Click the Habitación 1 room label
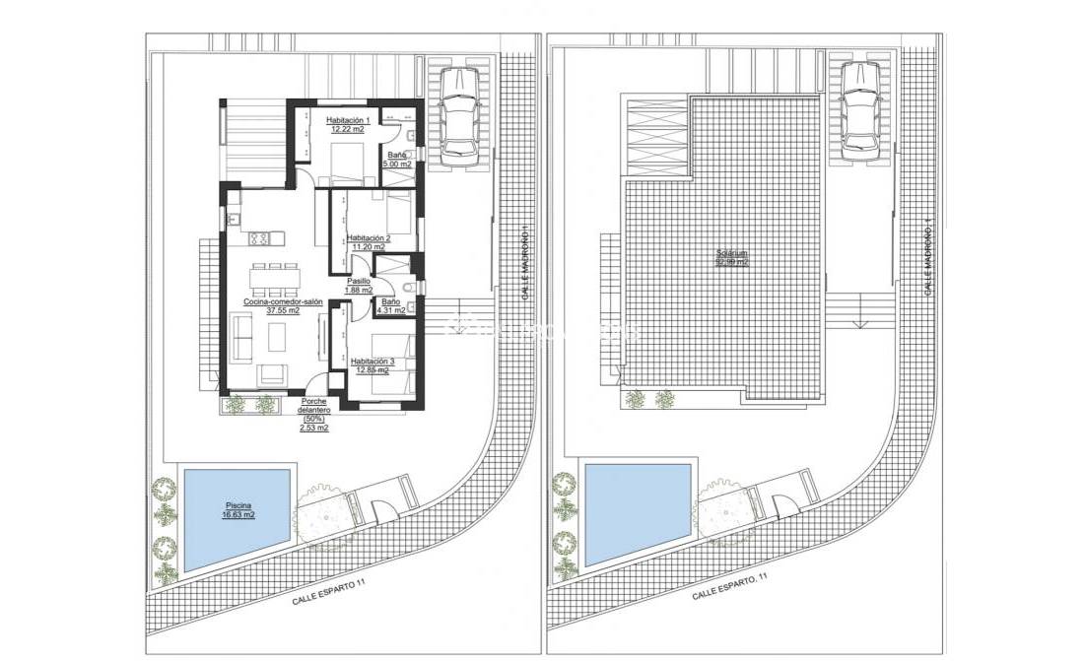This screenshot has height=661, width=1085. [x=347, y=119]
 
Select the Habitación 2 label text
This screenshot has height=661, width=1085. [x=369, y=238]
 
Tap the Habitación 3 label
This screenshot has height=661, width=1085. [x=372, y=362]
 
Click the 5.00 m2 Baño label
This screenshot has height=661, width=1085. [x=396, y=160]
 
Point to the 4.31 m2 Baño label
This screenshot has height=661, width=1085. [x=390, y=306]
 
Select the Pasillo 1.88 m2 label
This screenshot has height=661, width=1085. [x=358, y=286]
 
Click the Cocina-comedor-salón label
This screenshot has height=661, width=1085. [x=284, y=301]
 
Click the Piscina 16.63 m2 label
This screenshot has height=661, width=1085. [x=237, y=510]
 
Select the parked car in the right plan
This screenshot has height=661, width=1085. [x=861, y=108]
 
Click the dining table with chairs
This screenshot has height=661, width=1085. [x=275, y=280]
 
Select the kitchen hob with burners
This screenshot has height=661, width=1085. [x=261, y=237]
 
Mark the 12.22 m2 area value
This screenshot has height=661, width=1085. [x=347, y=128]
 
